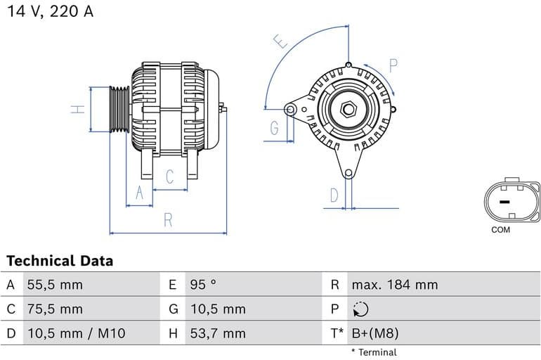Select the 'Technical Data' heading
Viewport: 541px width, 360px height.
coord(60,261)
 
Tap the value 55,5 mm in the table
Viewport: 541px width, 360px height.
coord(55,285)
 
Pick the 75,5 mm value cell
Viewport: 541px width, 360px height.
coord(55,309)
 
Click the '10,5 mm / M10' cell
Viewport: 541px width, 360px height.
coord(76,333)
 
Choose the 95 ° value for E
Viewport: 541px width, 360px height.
coord(203,285)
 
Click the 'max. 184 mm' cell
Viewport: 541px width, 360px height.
coord(394,285)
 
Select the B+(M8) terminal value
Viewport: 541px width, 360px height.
coord(374,333)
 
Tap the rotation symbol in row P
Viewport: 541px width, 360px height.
coord(359,309)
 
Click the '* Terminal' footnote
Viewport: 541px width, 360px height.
coord(374,352)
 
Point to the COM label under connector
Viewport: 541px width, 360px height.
coord(501,230)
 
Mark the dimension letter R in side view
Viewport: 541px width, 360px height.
coord(168,220)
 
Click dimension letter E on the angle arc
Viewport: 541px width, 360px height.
coord(282,41)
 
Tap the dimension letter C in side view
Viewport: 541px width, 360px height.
coord(169,177)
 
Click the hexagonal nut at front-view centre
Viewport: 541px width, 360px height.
coord(349,110)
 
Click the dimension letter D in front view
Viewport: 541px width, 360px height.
coord(334,195)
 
